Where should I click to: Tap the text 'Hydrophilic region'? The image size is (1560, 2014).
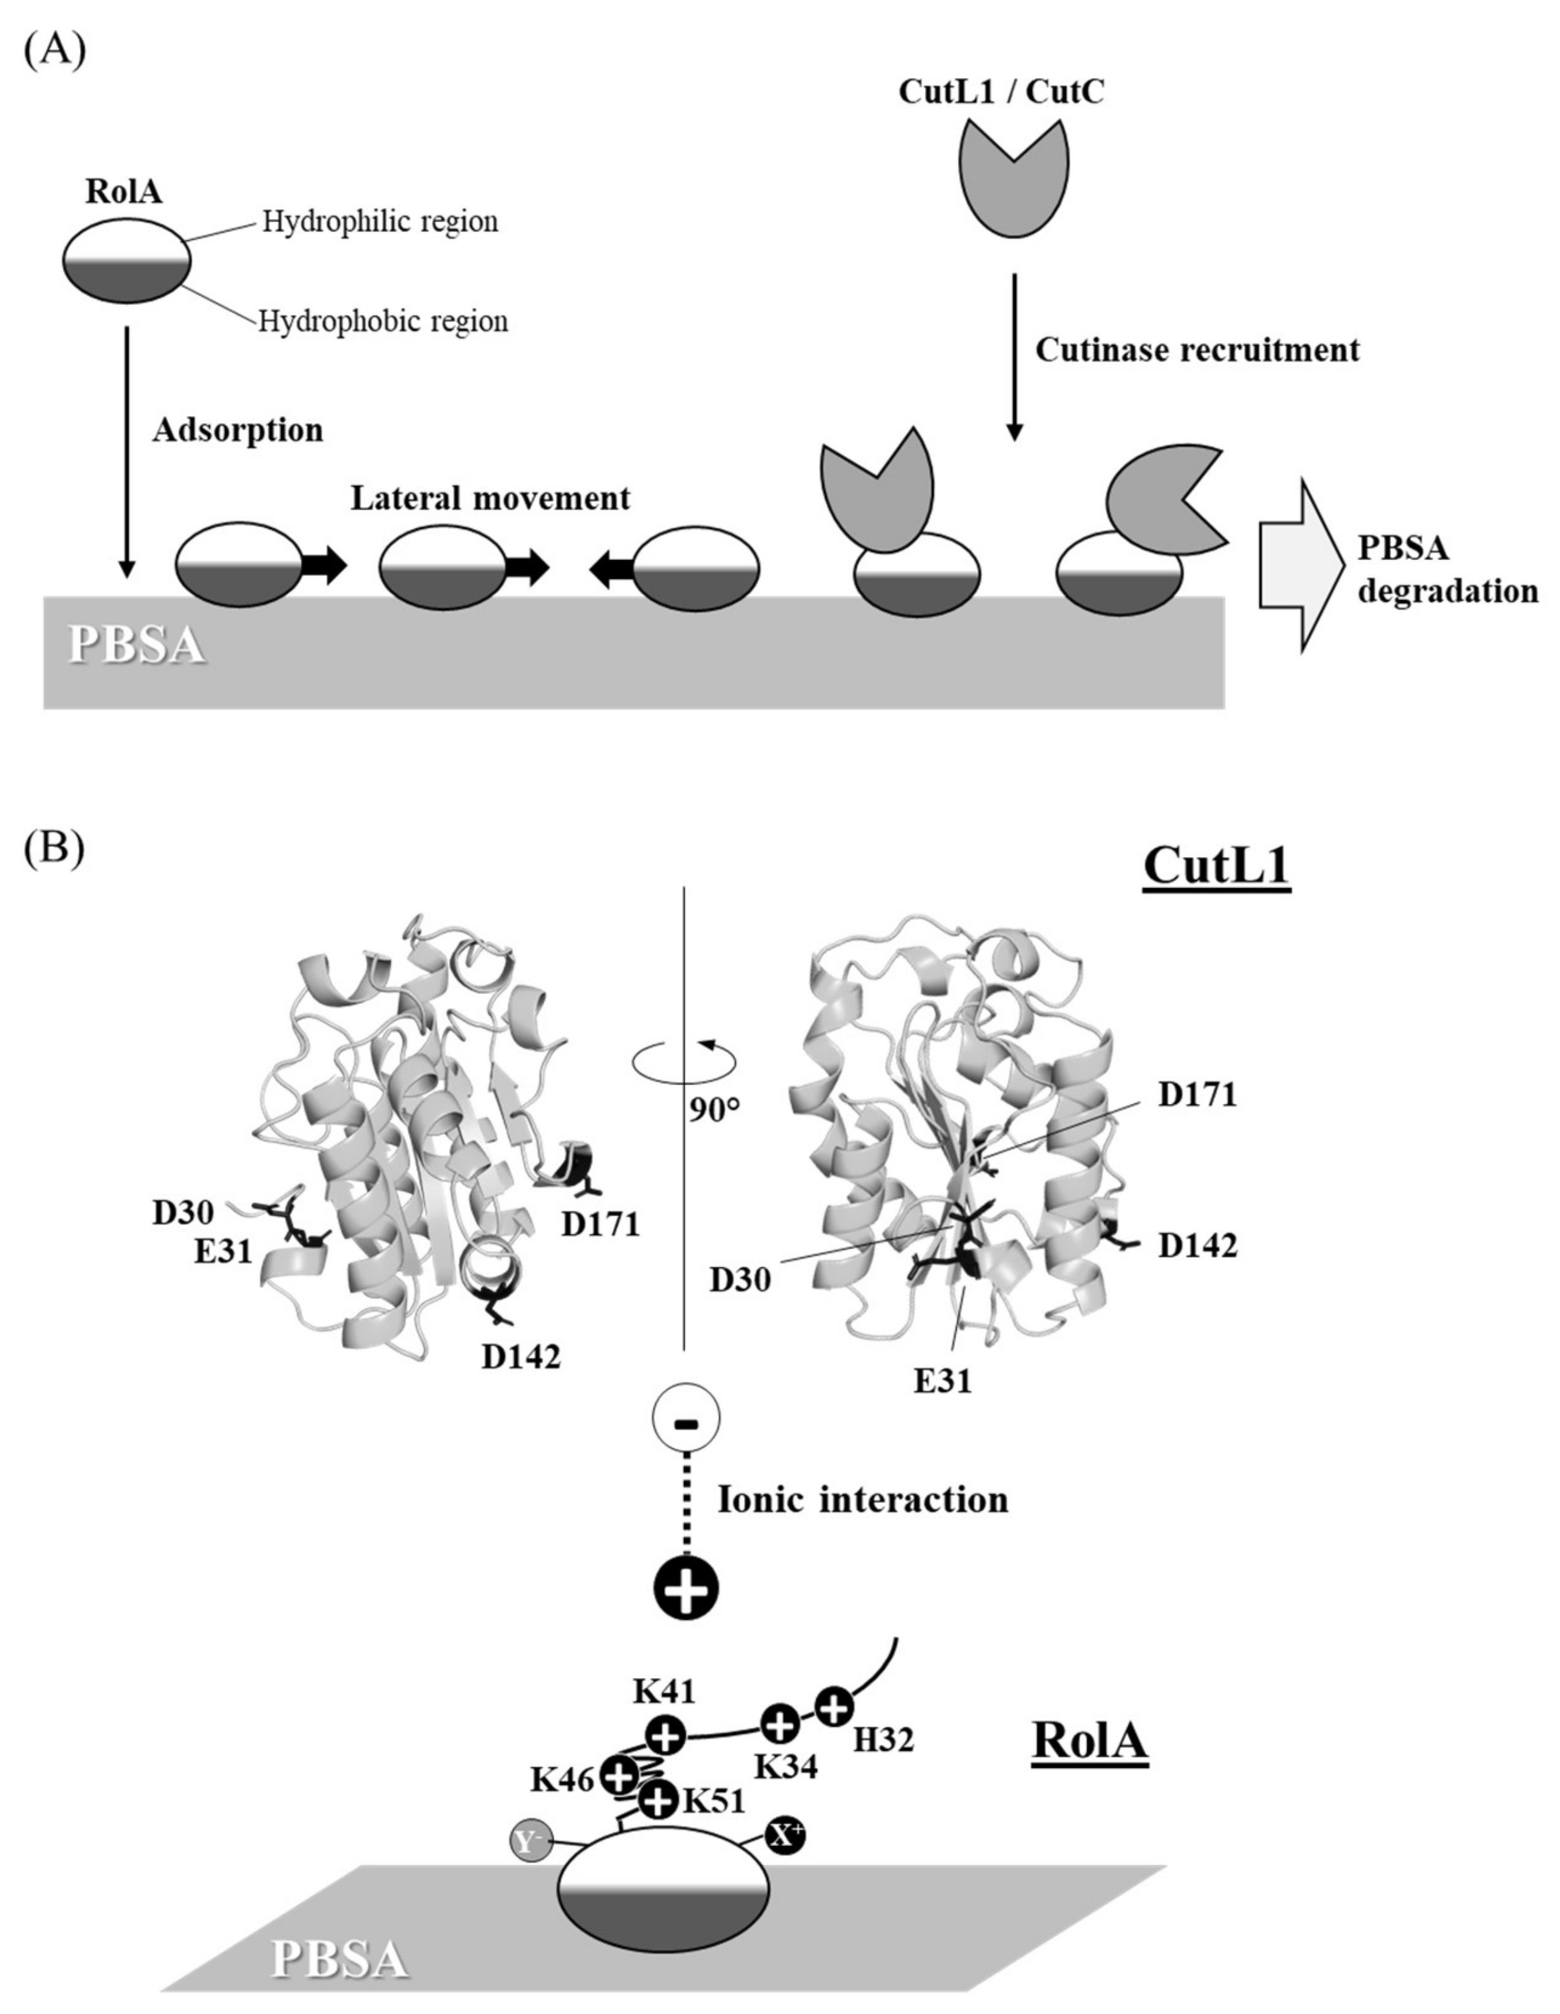pos(380,222)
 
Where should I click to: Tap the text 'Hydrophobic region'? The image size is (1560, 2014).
pos(382,321)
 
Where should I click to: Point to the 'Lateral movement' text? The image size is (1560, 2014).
pos(490,498)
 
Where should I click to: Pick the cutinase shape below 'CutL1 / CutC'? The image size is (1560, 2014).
pos(1014,181)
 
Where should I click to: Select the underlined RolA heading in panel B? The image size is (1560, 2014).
pos(1090,1740)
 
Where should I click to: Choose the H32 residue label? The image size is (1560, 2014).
pos(883,1739)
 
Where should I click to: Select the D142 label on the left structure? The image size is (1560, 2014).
pos(521,1356)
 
